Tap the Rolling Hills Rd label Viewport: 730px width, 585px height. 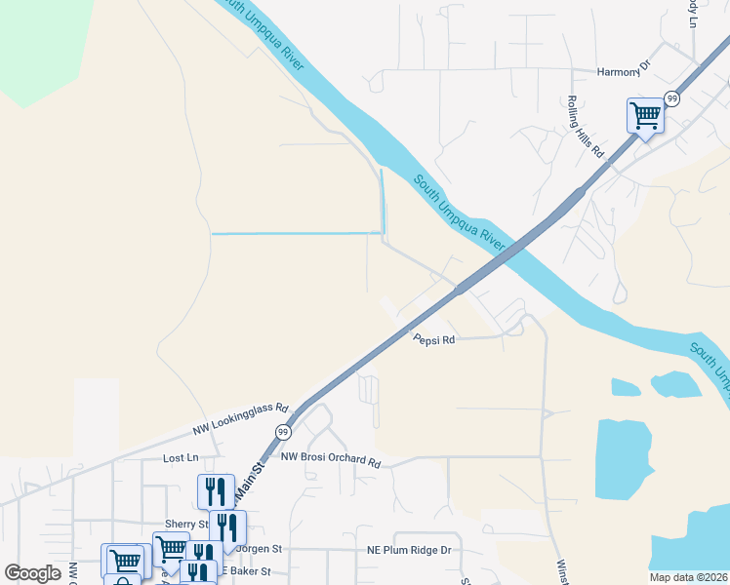point(587,127)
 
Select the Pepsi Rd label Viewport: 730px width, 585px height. point(434,340)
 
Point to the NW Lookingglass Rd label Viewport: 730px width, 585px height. point(241,418)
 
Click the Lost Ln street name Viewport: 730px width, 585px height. point(181,457)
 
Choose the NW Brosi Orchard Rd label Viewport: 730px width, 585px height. point(330,458)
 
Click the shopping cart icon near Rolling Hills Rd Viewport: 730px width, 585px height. point(644,116)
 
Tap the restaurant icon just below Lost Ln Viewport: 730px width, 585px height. point(216,490)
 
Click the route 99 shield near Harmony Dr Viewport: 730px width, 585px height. point(671,98)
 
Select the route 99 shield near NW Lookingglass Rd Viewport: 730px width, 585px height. point(283,432)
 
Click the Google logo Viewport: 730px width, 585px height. point(33,573)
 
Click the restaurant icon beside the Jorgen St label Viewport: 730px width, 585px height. point(227,527)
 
